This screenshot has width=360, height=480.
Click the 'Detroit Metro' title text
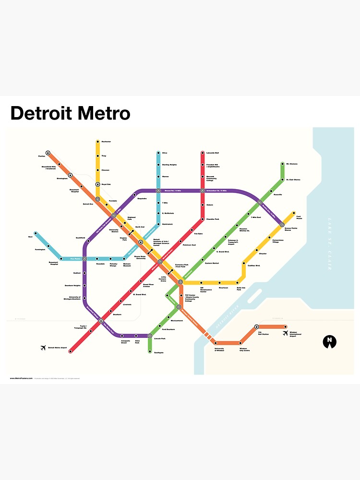(70, 113)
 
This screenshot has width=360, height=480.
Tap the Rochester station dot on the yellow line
(97, 142)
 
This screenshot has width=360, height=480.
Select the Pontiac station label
(41, 156)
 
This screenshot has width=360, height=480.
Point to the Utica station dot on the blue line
(158, 153)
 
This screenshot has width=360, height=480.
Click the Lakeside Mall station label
(213, 153)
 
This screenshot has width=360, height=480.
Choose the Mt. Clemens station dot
(282, 164)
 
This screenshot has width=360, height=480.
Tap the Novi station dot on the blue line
(35, 233)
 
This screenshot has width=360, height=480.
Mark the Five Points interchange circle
(84, 259)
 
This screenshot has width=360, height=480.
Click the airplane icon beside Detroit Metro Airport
(45, 348)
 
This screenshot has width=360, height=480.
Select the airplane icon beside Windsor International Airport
(285, 333)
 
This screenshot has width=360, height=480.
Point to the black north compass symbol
(329, 341)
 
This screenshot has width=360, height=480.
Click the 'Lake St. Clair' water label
(329, 244)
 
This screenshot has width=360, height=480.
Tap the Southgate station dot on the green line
(149, 352)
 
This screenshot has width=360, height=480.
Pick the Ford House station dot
(293, 213)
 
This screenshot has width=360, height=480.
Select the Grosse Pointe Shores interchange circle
(282, 224)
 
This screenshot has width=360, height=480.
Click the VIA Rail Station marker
(256, 327)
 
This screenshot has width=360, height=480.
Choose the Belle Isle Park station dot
(239, 283)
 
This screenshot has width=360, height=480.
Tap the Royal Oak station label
(106, 184)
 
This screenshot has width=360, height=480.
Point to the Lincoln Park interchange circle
(150, 336)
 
